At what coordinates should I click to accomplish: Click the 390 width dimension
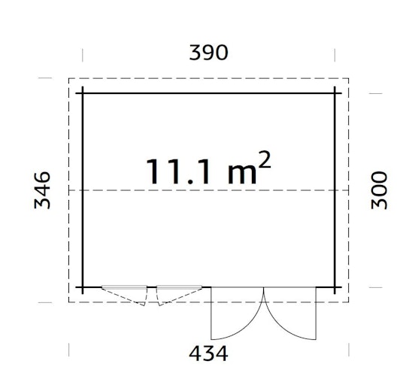[208, 53]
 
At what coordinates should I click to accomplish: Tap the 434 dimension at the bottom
[208, 353]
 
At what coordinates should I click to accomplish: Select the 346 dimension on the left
[42, 190]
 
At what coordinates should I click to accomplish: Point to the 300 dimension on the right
[379, 190]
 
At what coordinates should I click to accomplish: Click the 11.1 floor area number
[178, 171]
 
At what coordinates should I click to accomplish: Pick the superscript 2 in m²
[264, 159]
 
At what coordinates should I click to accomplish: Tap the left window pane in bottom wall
[124, 287]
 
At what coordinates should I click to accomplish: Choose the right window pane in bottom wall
[179, 287]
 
